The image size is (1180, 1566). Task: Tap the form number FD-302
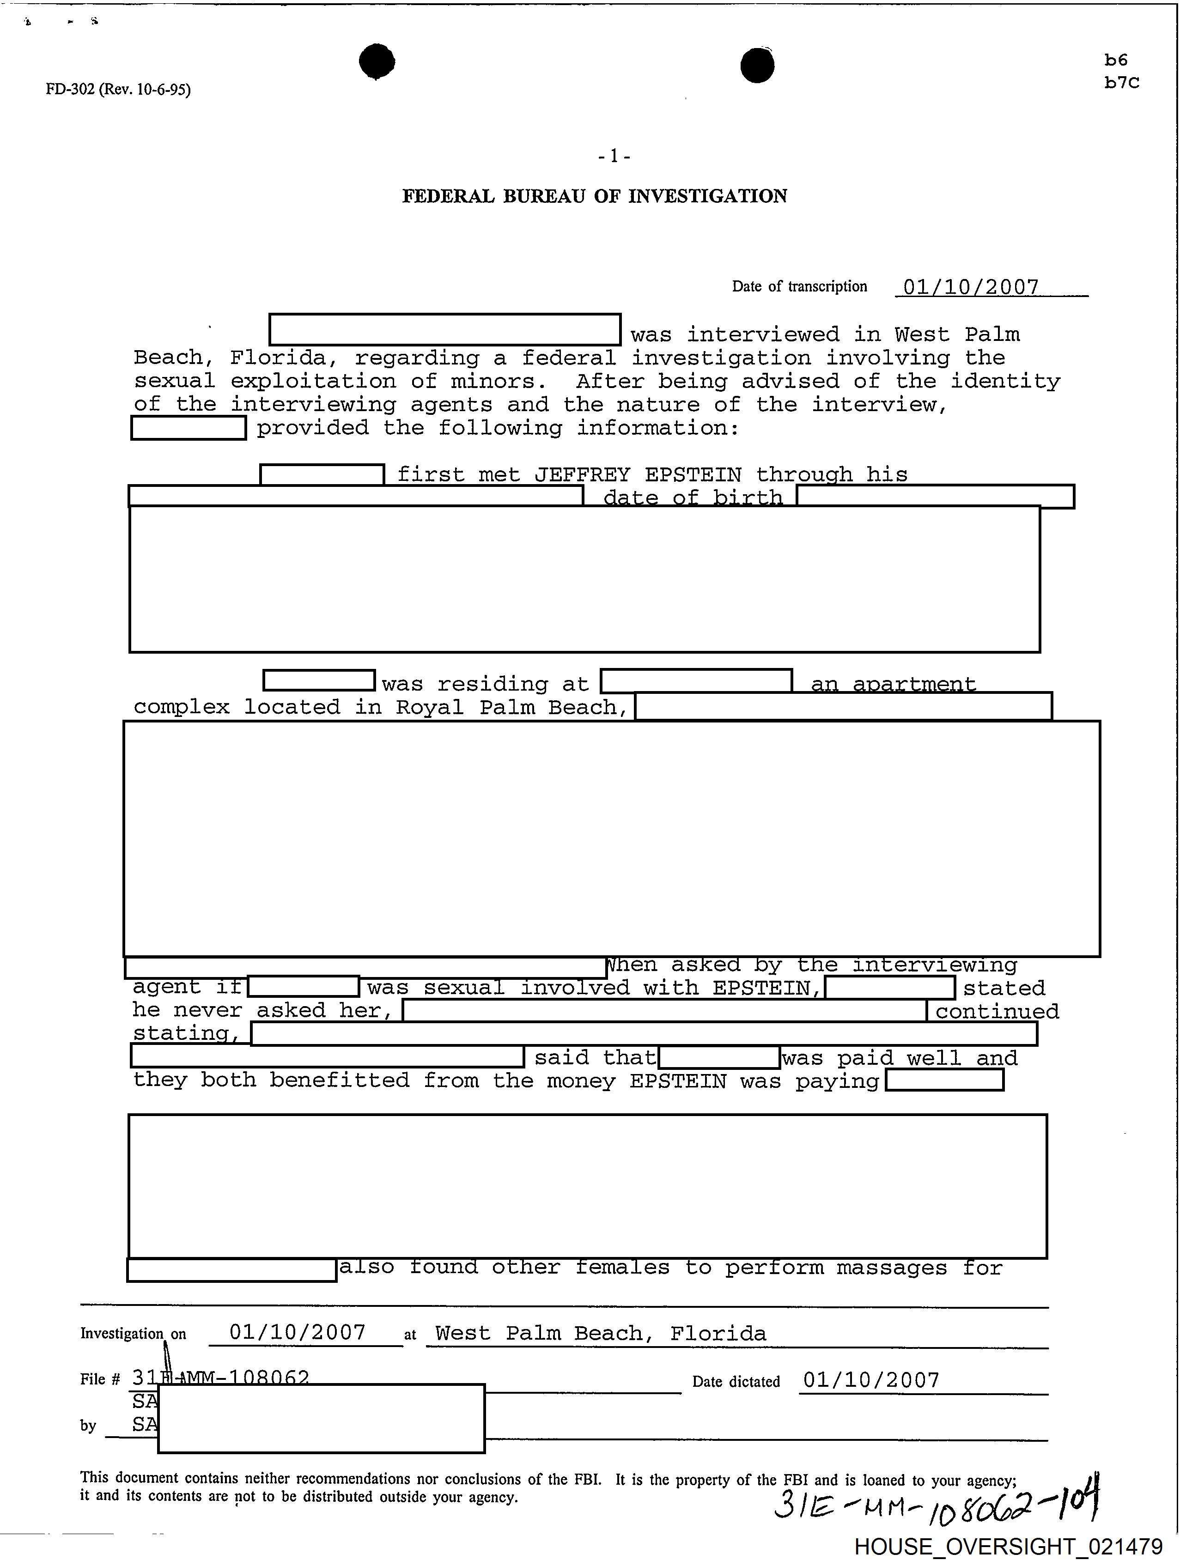click(x=70, y=89)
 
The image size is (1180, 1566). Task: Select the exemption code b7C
click(x=1121, y=83)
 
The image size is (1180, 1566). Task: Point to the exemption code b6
click(x=1116, y=60)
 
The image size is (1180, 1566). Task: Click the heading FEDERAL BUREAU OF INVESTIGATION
click(x=595, y=196)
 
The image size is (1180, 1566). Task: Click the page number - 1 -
click(x=614, y=156)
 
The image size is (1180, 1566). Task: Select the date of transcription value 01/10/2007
click(x=971, y=287)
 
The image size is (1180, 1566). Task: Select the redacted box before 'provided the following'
click(x=189, y=428)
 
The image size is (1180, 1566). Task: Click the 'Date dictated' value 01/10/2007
click(x=871, y=1380)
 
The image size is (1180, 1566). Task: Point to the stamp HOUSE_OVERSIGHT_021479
click(x=1008, y=1548)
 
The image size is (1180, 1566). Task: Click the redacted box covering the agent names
click(x=322, y=1418)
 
